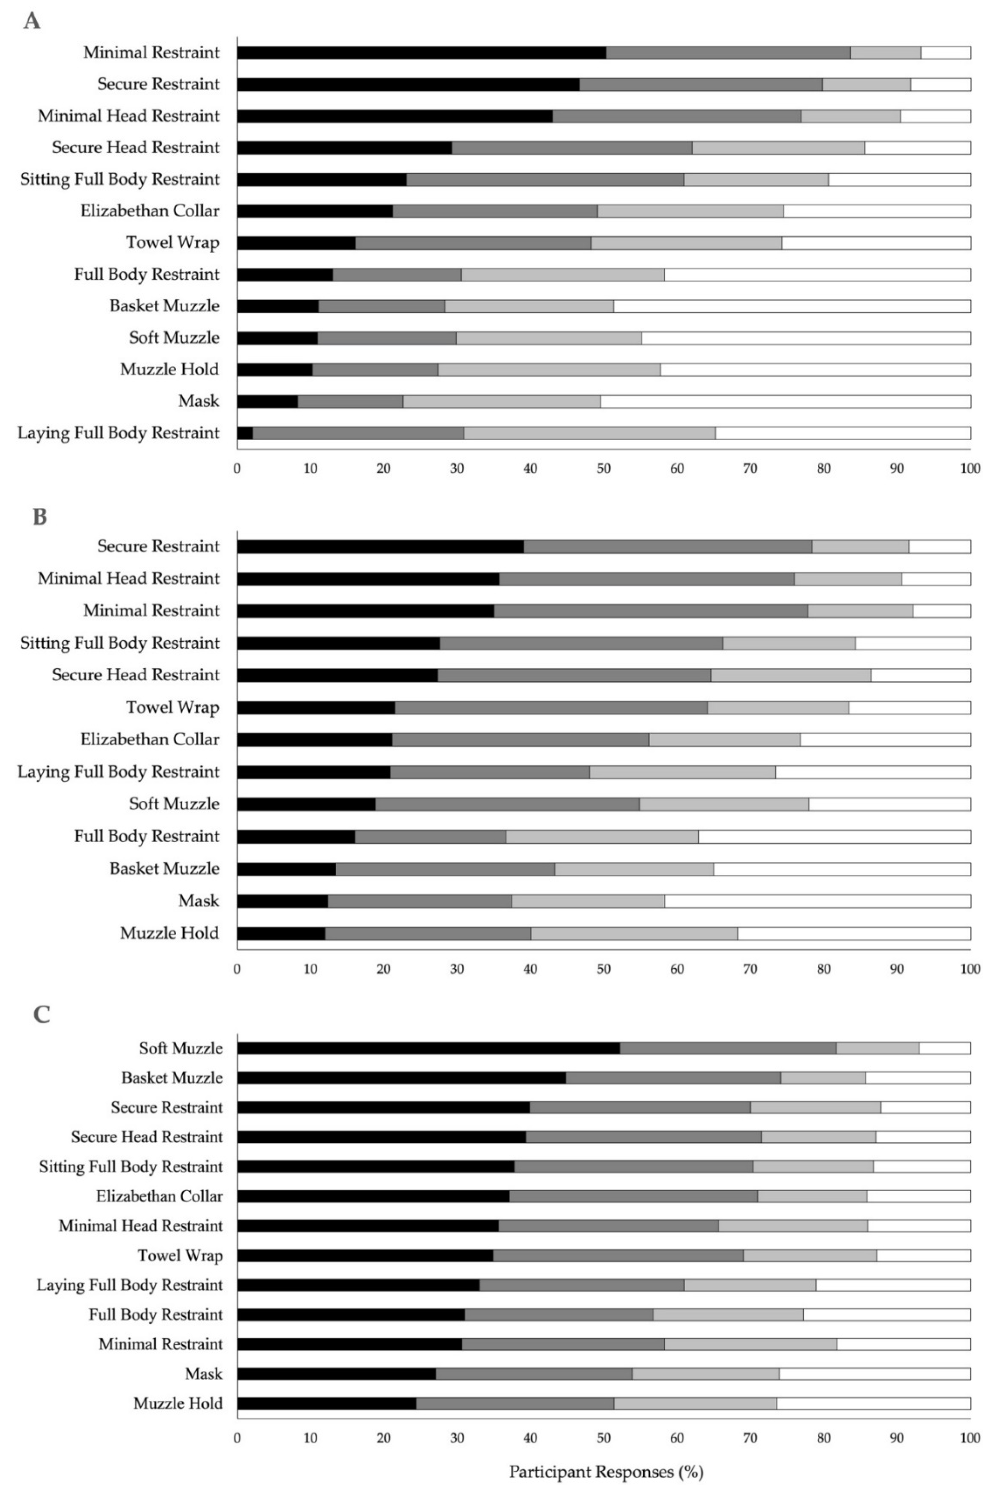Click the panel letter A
click(x=32, y=21)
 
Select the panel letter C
click(x=41, y=1015)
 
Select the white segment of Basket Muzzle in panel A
click(x=792, y=306)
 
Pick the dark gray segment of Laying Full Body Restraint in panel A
click(x=358, y=433)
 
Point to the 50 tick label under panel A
click(x=604, y=469)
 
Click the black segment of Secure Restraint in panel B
click(x=380, y=546)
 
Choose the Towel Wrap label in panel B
click(x=173, y=707)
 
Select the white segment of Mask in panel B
click(x=817, y=901)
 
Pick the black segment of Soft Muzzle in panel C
click(x=429, y=1048)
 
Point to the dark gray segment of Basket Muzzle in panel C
click(x=673, y=1078)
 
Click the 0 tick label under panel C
click(x=237, y=1438)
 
